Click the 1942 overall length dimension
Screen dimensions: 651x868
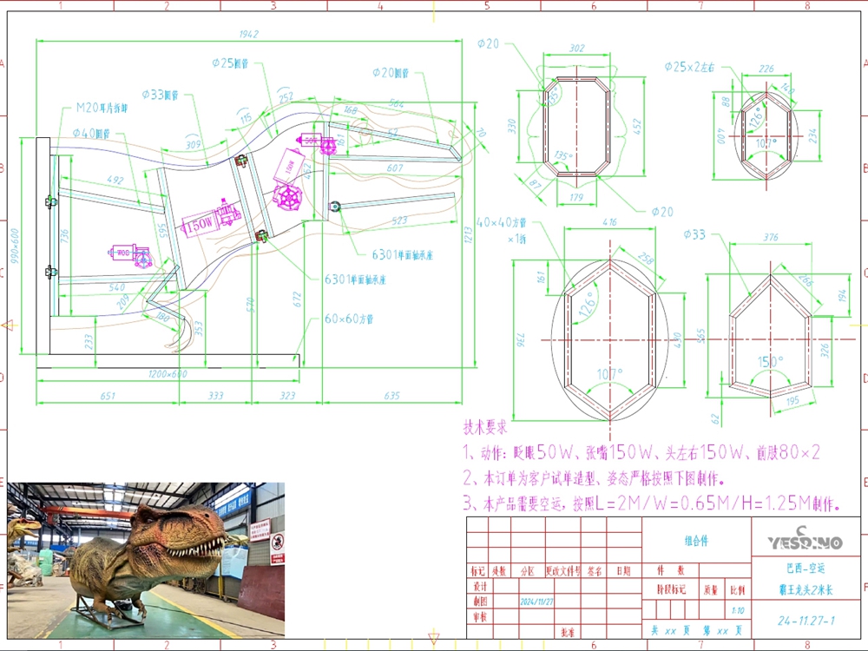pyautogui.click(x=250, y=35)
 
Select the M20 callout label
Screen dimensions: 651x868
pyautogui.click(x=102, y=108)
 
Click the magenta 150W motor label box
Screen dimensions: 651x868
pyautogui.click(x=198, y=224)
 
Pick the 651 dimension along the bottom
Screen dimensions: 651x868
pyautogui.click(x=107, y=396)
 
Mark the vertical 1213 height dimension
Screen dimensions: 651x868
pyautogui.click(x=468, y=233)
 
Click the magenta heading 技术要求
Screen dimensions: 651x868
pyautogui.click(x=484, y=429)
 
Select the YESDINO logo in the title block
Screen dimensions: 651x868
pyautogui.click(x=805, y=541)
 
